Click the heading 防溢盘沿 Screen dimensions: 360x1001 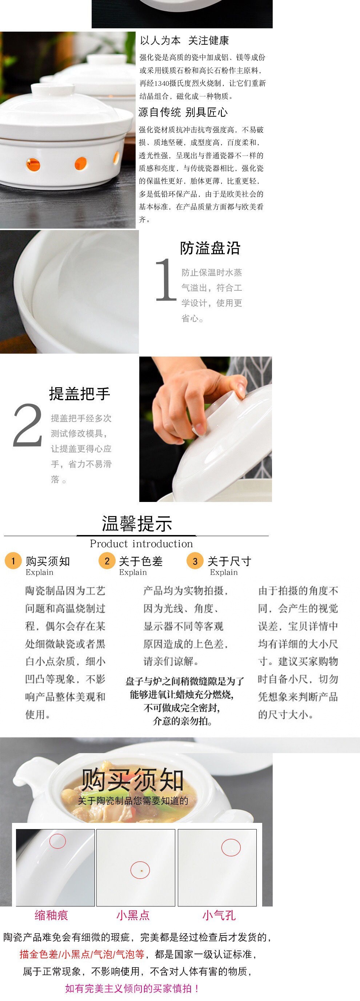click(x=210, y=248)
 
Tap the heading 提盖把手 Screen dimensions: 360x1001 click(x=80, y=394)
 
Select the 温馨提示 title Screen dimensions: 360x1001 click(x=137, y=523)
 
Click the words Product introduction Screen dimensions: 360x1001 click(x=141, y=544)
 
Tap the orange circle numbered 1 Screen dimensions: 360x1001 click(x=13, y=561)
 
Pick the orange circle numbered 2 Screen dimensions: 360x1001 click(x=107, y=561)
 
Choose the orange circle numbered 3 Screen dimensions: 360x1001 click(x=195, y=561)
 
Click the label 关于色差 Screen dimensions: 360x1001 click(x=141, y=561)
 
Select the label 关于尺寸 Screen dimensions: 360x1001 click(x=229, y=561)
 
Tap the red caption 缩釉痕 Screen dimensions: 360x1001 click(x=51, y=915)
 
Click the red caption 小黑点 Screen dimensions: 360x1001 click(x=133, y=915)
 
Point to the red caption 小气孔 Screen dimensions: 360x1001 click(x=219, y=915)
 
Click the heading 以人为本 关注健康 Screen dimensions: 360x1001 click(x=184, y=40)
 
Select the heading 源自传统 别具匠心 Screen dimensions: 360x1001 click(x=183, y=112)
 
